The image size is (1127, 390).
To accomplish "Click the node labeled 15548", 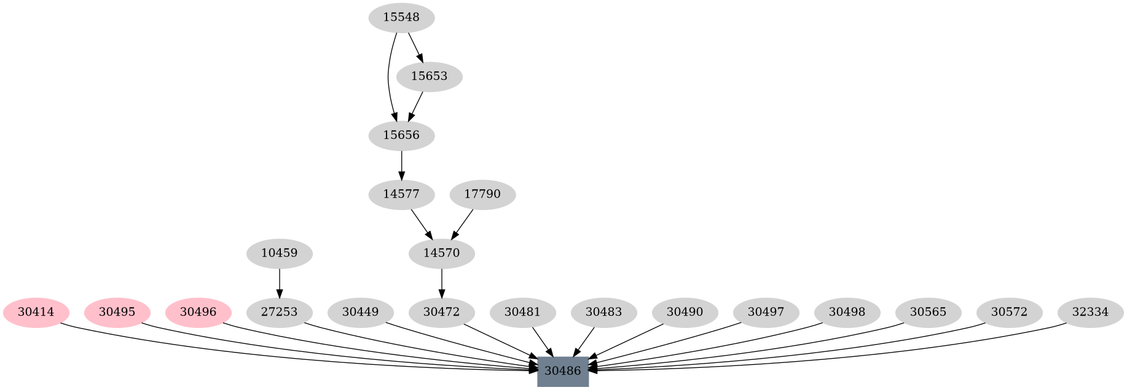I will pyautogui.click(x=401, y=18).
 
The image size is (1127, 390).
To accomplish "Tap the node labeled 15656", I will pyautogui.click(x=401, y=135).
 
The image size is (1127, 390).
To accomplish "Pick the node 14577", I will pyautogui.click(x=401, y=195).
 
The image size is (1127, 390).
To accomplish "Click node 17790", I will pyautogui.click(x=482, y=195).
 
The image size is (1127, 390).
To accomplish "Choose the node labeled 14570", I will pyautogui.click(x=441, y=253).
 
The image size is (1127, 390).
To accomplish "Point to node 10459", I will pyautogui.click(x=279, y=253).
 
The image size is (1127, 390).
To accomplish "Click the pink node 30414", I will pyautogui.click(x=36, y=312).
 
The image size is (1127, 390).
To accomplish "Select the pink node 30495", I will pyautogui.click(x=117, y=312).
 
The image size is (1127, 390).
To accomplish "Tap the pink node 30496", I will pyautogui.click(x=198, y=312).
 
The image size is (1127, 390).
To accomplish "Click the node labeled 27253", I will pyautogui.click(x=279, y=312).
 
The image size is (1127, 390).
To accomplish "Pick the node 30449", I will pyautogui.click(x=360, y=312).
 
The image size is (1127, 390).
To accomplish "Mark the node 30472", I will pyautogui.click(x=441, y=312).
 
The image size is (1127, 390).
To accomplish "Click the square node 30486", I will pyautogui.click(x=563, y=371).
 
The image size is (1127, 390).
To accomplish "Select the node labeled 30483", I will pyautogui.click(x=603, y=312).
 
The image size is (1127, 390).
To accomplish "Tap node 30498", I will pyautogui.click(x=847, y=312).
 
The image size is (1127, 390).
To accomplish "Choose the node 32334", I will pyautogui.click(x=1090, y=312).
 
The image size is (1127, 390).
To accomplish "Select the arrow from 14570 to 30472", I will pyautogui.click(x=441, y=283).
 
